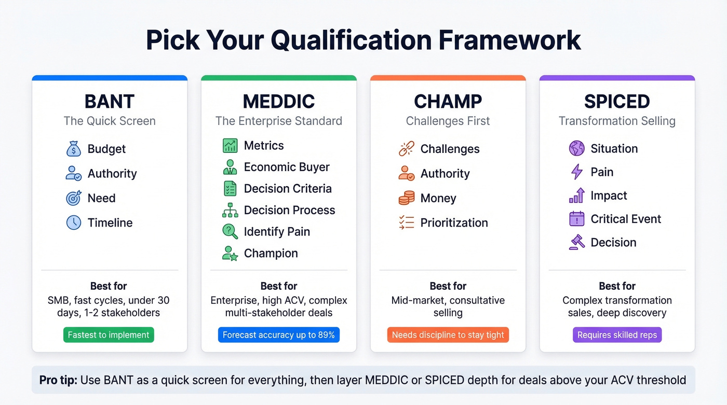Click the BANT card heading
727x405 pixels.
click(x=110, y=101)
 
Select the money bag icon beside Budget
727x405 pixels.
click(x=74, y=149)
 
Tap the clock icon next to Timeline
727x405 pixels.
click(x=74, y=223)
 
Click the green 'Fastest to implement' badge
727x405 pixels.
click(x=109, y=335)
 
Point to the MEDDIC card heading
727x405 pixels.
click(x=279, y=101)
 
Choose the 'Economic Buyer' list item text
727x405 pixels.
click(x=287, y=167)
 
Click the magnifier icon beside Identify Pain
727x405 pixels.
click(x=230, y=232)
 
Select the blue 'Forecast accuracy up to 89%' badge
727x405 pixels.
click(x=279, y=335)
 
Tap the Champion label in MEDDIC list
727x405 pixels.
click(x=271, y=254)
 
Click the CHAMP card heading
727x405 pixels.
click(x=448, y=101)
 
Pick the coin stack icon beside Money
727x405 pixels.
click(x=406, y=198)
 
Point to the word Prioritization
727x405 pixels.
click(x=454, y=223)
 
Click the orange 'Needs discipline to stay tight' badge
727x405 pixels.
click(x=448, y=335)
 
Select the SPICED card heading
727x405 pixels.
click(x=617, y=101)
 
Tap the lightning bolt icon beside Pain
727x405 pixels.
click(x=576, y=172)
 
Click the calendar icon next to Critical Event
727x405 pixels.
click(x=576, y=219)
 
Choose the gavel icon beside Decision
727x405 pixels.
click(x=576, y=243)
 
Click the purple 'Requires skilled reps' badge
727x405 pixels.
click(x=617, y=335)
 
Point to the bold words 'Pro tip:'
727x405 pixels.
click(x=59, y=380)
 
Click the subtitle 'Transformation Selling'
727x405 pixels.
click(x=617, y=121)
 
